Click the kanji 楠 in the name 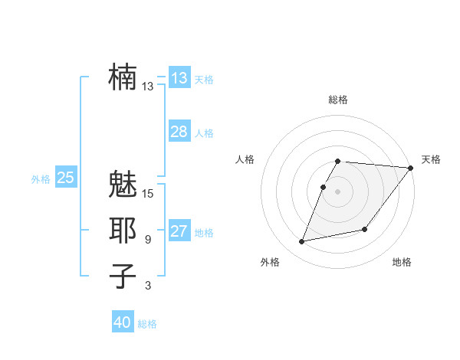pyautogui.click(x=123, y=77)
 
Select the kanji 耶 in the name pyautogui.click(x=123, y=231)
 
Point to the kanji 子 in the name pyautogui.click(x=123, y=277)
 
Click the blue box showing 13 pyautogui.click(x=179, y=78)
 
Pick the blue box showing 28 pyautogui.click(x=179, y=132)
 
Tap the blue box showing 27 pyautogui.click(x=179, y=231)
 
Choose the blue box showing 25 pyautogui.click(x=65, y=178)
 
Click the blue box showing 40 pyautogui.click(x=122, y=322)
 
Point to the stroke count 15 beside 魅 pyautogui.click(x=148, y=193)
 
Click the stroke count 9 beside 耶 pyautogui.click(x=148, y=240)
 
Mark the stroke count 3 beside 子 pyautogui.click(x=148, y=286)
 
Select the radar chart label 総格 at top pyautogui.click(x=338, y=100)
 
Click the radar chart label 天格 pyautogui.click(x=431, y=159)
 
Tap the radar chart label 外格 pyautogui.click(x=270, y=262)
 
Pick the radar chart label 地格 pyautogui.click(x=402, y=262)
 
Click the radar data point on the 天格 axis pyautogui.click(x=410, y=168)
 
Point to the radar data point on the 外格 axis pyautogui.click(x=302, y=242)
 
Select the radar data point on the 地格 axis pyautogui.click(x=365, y=229)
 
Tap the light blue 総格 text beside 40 pyautogui.click(x=147, y=324)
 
